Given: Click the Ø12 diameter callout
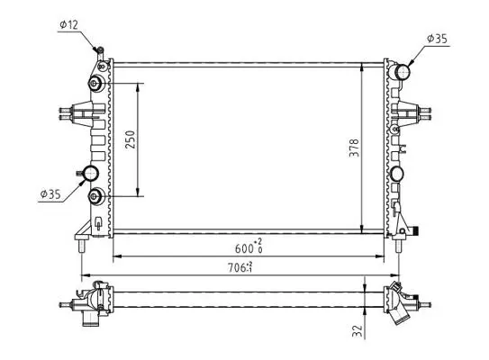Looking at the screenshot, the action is (x=68, y=24).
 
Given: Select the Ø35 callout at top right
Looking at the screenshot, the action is (x=437, y=39).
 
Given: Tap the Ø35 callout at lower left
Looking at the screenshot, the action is (x=50, y=194).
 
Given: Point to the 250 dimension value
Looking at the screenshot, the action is (x=131, y=139).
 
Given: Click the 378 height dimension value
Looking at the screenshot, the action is (x=354, y=148).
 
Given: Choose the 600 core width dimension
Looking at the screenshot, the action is (x=249, y=247).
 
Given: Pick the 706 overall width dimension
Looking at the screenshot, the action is (x=240, y=267).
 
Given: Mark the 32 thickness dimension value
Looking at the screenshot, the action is (x=358, y=330).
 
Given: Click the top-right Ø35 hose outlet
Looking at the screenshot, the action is (x=402, y=72).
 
